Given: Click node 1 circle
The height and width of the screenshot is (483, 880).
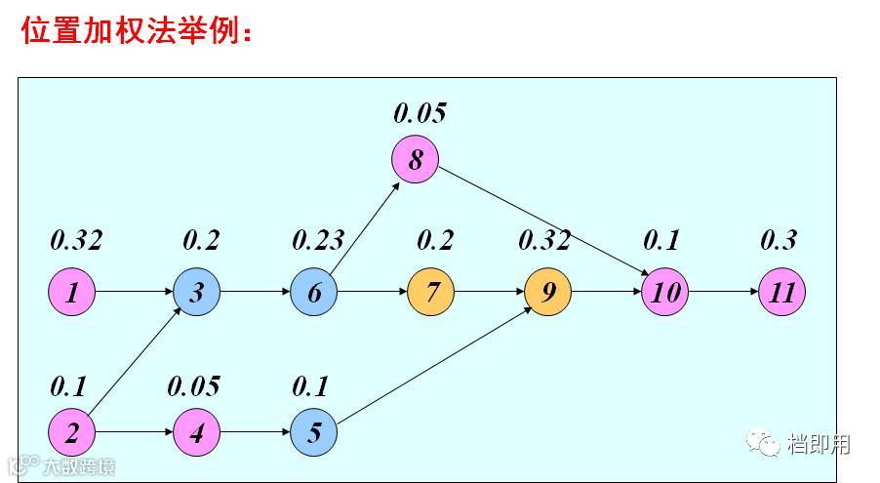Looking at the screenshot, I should click(x=72, y=292).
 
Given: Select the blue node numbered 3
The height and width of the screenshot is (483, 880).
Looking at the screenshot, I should click(x=197, y=292).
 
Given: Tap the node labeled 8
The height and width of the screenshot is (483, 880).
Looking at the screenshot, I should click(x=416, y=159).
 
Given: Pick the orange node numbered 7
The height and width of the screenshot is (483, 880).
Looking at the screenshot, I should click(x=431, y=292).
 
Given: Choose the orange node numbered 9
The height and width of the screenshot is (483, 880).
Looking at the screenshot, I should click(x=548, y=292).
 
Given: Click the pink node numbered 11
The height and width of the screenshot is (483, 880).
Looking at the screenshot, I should click(x=782, y=292).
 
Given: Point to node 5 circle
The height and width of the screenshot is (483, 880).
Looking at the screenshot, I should click(x=314, y=432).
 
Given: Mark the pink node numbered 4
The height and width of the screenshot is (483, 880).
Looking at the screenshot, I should click(x=197, y=432).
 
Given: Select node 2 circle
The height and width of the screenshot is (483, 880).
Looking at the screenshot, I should click(x=72, y=432).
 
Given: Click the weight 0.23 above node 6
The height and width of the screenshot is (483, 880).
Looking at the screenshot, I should click(x=318, y=240).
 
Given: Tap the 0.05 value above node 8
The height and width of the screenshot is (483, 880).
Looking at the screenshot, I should click(x=420, y=113).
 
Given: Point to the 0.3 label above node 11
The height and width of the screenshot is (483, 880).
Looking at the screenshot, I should click(x=779, y=240).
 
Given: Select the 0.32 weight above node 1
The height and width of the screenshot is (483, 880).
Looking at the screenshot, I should click(x=76, y=240).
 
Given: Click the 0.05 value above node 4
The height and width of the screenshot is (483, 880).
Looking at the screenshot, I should click(x=193, y=386).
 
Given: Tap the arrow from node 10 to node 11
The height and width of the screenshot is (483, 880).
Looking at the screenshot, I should click(x=724, y=292).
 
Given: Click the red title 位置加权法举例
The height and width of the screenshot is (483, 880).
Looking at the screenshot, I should click(x=137, y=31).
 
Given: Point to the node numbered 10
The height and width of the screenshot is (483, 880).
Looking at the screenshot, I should click(x=665, y=292).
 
